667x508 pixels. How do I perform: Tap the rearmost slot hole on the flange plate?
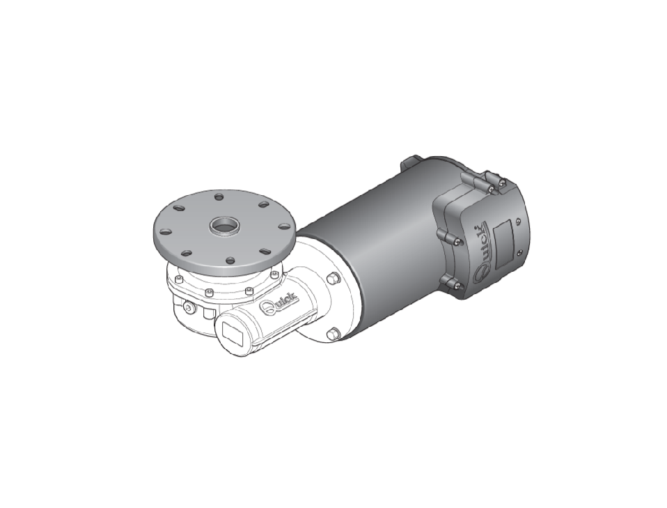coord(219,197)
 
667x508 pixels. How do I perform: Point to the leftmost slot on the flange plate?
coord(165,232)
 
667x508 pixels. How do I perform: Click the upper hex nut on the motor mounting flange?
coord(332,279)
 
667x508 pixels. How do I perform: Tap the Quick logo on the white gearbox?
coord(279,304)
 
